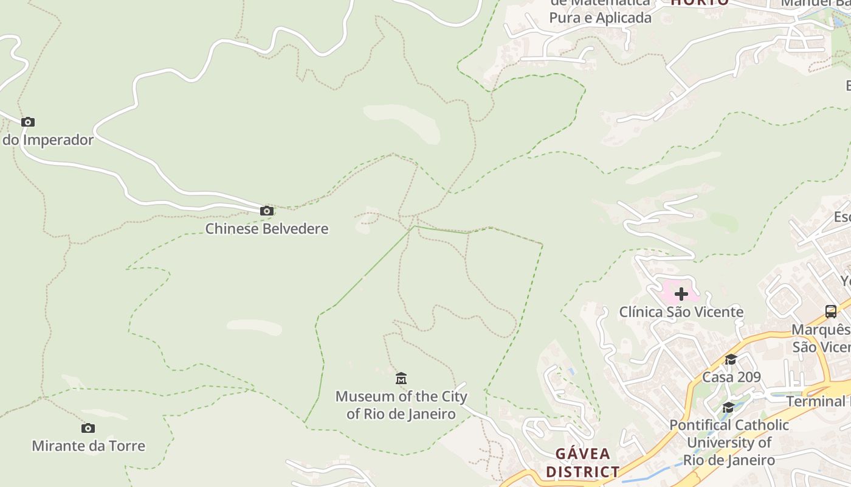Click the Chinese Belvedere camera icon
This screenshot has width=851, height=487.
[266, 211]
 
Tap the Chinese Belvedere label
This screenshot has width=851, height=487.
[266, 229]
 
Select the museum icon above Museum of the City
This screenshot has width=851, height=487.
[401, 379]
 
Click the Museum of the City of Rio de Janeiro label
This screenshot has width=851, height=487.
[401, 405]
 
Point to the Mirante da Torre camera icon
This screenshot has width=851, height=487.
[88, 429]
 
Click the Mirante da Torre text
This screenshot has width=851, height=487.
[89, 446]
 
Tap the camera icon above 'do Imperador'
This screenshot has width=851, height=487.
[28, 122]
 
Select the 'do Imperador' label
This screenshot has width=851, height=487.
[49, 140]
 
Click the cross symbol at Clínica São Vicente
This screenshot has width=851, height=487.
[681, 294]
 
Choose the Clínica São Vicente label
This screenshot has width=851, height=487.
[681, 312]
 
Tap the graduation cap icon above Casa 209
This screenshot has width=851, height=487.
[731, 360]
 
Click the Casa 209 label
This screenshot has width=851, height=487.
[731, 377]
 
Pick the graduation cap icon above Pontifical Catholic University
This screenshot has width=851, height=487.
[728, 407]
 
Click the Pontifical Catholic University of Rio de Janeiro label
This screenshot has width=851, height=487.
[729, 443]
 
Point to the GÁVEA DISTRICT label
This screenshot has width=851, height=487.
[582, 463]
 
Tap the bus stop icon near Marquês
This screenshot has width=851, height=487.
[831, 312]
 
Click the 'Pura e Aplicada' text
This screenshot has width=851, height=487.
[600, 18]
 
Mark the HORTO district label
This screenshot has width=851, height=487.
[700, 2]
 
